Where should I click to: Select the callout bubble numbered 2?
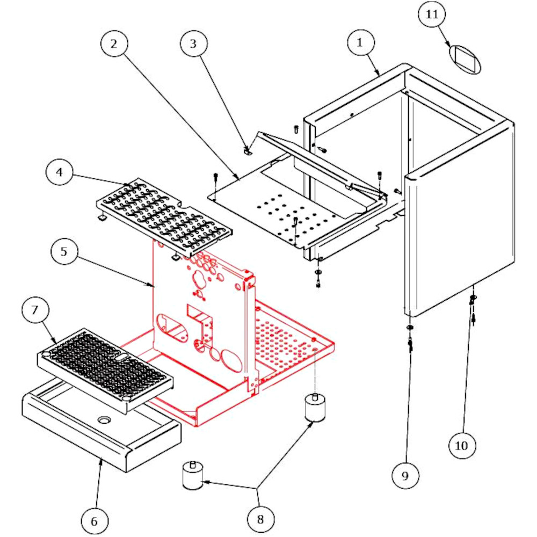click(x=113, y=44)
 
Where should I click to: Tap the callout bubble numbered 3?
click(x=193, y=44)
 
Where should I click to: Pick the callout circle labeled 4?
click(x=60, y=173)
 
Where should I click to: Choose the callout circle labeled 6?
click(x=95, y=521)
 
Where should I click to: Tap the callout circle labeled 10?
click(x=462, y=445)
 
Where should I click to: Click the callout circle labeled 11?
click(x=432, y=15)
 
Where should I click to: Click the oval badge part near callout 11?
click(x=465, y=59)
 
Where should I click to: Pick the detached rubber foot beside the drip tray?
click(x=192, y=476)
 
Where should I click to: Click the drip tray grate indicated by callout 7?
click(x=105, y=369)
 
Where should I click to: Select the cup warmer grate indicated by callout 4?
click(x=164, y=215)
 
